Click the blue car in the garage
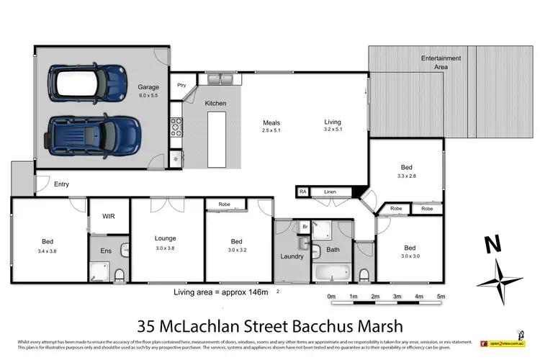84,133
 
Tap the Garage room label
148,91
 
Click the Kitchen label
215,104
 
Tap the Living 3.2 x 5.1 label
332,127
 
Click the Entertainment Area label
435,62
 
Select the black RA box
303,192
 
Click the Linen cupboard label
330,192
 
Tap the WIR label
109,215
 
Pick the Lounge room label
166,242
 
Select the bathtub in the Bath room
331,274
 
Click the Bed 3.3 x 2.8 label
405,170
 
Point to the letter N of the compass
492,246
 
